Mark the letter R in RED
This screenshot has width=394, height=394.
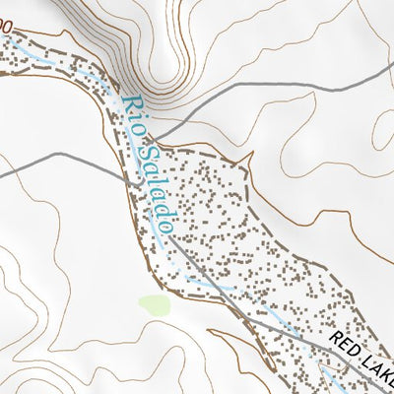coord(336,341)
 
